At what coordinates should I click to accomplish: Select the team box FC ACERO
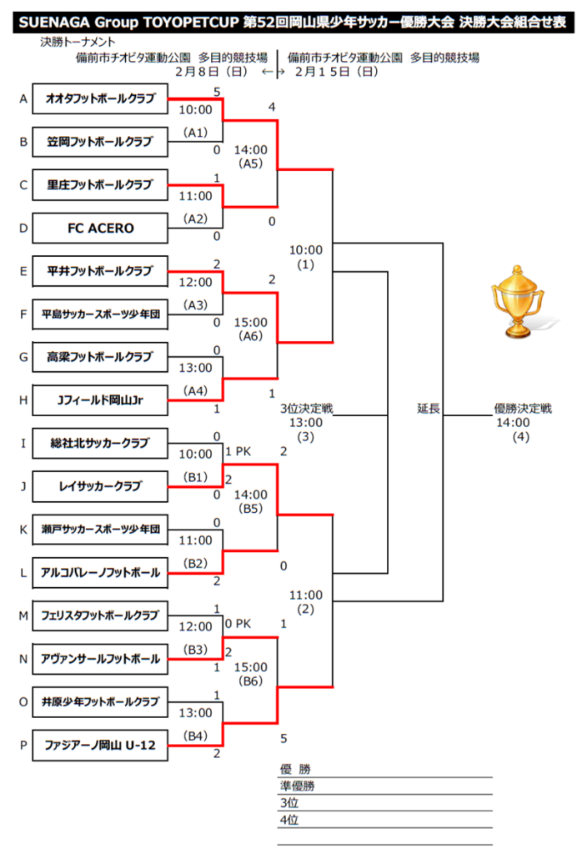100,228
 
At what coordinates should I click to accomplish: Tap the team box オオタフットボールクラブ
100,98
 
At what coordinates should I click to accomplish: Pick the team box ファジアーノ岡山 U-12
100,745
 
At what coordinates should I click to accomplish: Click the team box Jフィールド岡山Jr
100,400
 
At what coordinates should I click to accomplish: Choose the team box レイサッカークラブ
100,486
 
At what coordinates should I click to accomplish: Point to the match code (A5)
250,163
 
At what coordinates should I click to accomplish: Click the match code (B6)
250,681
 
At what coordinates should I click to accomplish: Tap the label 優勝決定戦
523,409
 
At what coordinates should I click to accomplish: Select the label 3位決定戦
306,409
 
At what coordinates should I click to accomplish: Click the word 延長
429,409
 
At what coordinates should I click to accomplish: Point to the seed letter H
23,400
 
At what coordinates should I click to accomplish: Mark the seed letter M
23,615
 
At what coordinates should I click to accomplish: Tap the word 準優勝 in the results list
298,786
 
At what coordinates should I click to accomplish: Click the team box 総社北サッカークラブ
100,443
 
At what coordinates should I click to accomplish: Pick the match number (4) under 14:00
522,437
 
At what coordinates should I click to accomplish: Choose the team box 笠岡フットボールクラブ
100,142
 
